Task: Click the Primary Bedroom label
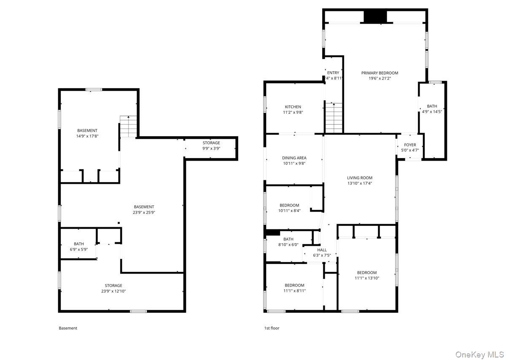(x=379, y=73)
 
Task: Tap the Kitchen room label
(x=293, y=107)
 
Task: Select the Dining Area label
(x=294, y=158)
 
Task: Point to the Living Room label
(x=360, y=178)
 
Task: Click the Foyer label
(x=410, y=145)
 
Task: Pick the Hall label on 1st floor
(x=322, y=250)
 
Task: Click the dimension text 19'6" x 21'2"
(x=379, y=78)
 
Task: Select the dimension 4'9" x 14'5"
(x=432, y=112)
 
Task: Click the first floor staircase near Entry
(x=334, y=118)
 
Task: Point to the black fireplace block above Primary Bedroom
(x=375, y=16)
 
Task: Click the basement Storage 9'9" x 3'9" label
(x=211, y=143)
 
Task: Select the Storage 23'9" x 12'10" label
(x=113, y=285)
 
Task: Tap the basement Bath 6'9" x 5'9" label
(x=79, y=244)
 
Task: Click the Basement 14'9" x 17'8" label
(x=87, y=131)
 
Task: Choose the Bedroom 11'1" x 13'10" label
(x=366, y=273)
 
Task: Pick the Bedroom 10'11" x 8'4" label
(x=289, y=205)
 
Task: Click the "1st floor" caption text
(x=272, y=328)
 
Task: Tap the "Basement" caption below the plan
(x=68, y=328)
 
